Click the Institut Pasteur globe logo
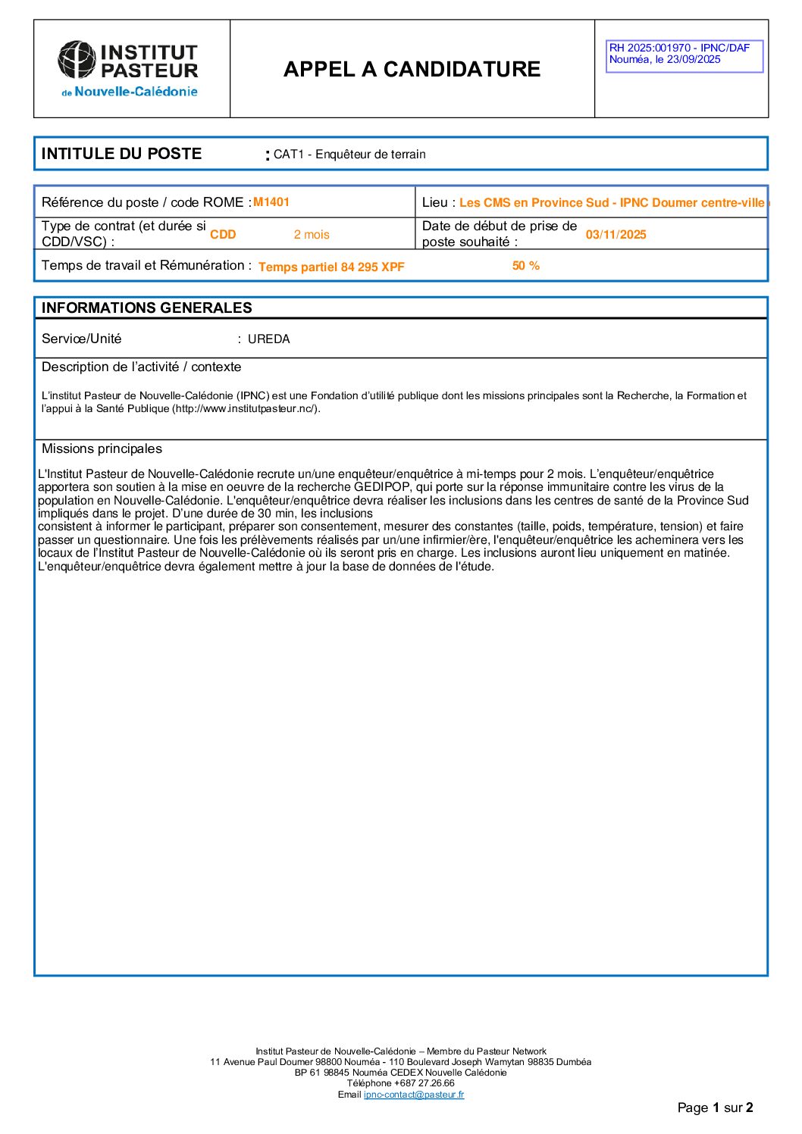point(77,60)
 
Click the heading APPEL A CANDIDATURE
point(412,69)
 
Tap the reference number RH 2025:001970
point(650,48)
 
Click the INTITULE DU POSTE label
point(121,154)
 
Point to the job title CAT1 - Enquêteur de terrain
point(349,155)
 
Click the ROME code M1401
point(271,201)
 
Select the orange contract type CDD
point(223,235)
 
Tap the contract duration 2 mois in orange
point(312,235)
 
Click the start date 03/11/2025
point(616,235)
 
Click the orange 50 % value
point(525,266)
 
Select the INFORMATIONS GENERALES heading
point(146,308)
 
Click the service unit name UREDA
point(268,339)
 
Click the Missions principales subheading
point(102,448)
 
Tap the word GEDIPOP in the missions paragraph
point(383,487)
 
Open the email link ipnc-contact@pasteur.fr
point(413,1095)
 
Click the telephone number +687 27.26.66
point(424,1083)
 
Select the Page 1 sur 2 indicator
point(715,1107)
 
